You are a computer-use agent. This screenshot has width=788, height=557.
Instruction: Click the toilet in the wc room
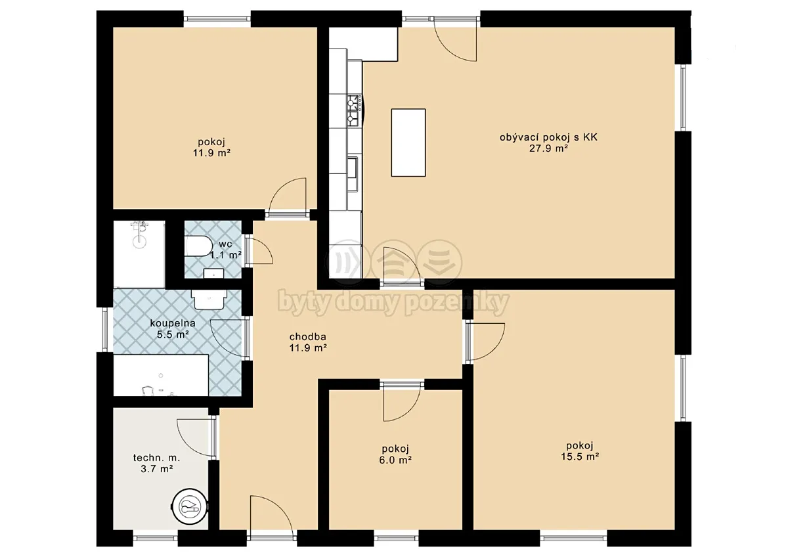198,247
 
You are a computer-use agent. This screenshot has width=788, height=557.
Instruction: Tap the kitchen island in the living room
408,143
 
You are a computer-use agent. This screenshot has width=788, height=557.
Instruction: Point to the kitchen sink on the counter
353,174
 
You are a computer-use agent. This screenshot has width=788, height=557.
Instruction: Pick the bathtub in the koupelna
161,376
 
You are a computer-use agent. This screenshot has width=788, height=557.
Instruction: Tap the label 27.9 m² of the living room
548,148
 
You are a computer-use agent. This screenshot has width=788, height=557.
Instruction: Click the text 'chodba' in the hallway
308,337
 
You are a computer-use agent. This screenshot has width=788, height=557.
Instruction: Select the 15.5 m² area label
580,457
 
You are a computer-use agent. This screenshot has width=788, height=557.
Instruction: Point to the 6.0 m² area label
395,460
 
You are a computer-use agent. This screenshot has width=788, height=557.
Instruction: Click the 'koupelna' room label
173,323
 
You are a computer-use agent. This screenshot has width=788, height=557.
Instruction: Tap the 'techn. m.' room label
156,458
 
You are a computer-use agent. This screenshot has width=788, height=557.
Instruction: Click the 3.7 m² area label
156,469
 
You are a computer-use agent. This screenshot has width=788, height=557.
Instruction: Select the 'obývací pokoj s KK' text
548,137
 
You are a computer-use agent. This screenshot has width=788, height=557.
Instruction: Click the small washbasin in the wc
214,273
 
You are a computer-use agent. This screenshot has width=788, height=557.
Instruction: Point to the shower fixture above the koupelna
139,234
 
